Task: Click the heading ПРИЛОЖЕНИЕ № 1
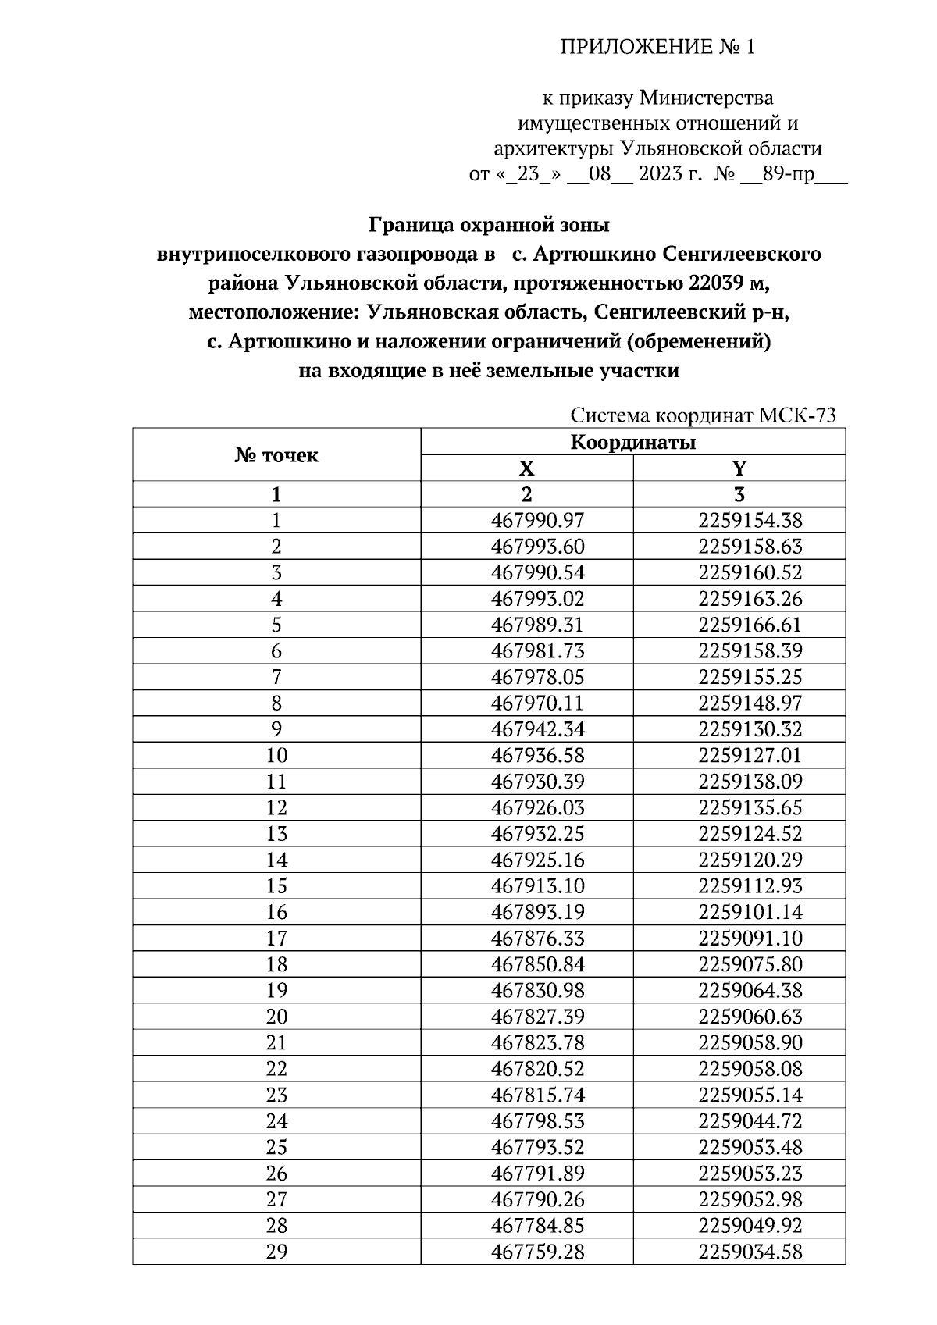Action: tap(657, 48)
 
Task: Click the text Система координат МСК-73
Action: tap(703, 415)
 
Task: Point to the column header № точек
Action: tap(276, 455)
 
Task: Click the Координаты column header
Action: tap(632, 443)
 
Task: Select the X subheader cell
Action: tap(526, 468)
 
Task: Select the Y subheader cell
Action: tap(739, 468)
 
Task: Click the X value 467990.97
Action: tap(537, 521)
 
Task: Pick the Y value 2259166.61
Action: tap(750, 625)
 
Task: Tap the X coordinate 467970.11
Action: tap(537, 703)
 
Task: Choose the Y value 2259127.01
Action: tap(750, 756)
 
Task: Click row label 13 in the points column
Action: tap(276, 834)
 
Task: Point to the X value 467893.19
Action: tap(537, 912)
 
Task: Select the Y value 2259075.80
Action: tap(750, 964)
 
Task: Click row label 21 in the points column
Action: tap(276, 1043)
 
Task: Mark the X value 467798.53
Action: tap(537, 1121)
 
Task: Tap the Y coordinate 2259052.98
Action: tap(750, 1199)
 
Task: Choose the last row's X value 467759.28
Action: tap(537, 1252)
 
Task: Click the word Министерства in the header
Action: tap(706, 98)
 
